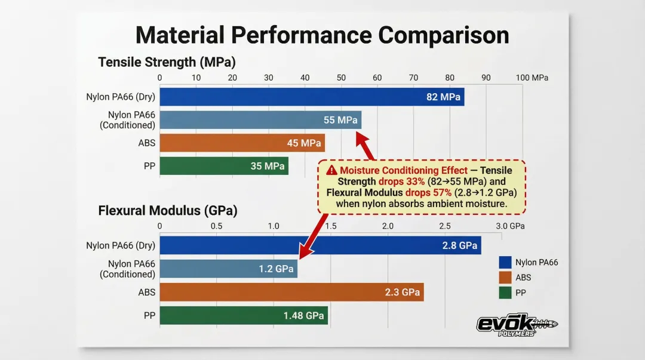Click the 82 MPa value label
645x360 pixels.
pos(443,97)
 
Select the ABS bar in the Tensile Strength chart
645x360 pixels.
pos(242,143)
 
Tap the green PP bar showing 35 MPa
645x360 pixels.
pos(224,166)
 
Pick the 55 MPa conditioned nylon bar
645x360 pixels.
pos(260,120)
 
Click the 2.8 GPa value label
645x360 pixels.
pos(459,245)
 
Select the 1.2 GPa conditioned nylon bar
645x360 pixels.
pos(228,269)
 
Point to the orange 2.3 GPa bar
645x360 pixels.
pos(291,292)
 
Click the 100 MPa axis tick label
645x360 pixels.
pos(532,78)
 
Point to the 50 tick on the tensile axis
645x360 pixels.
pos(341,78)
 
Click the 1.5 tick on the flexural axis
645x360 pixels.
pos(330,226)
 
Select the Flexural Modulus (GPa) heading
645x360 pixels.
pos(168,210)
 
